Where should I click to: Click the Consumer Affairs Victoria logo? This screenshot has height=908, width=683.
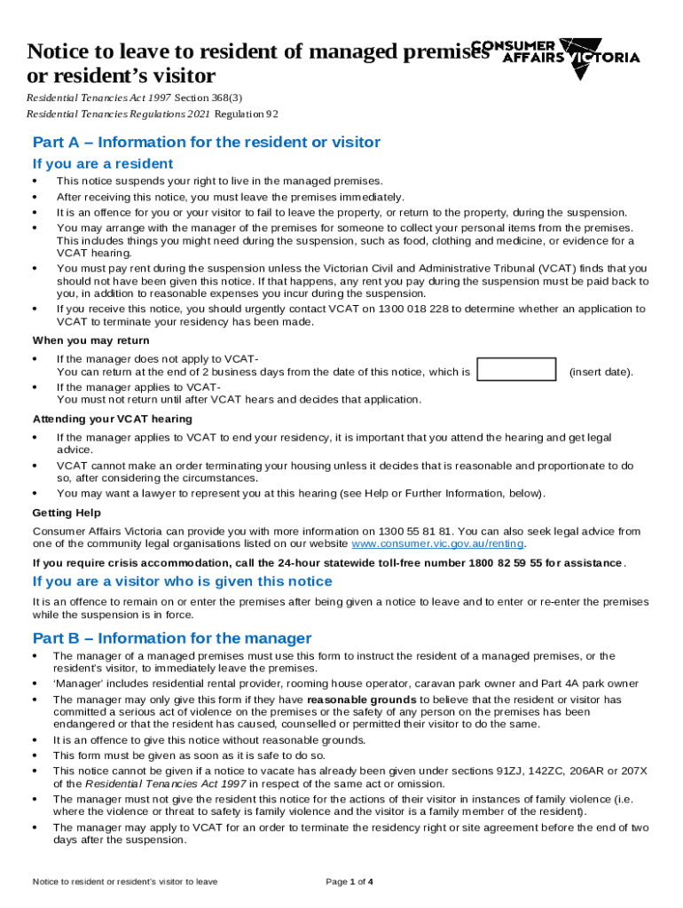555,56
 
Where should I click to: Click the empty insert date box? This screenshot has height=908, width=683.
516,370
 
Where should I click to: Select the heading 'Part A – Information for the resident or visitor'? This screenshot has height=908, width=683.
206,143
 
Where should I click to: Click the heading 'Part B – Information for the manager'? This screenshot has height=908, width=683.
172,638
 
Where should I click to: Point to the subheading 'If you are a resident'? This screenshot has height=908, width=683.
103,164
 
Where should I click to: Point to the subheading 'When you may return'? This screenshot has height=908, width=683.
90,340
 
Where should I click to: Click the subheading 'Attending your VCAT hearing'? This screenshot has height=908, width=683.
112,419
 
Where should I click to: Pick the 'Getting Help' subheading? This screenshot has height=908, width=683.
67,513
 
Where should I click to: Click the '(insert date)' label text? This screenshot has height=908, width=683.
601,372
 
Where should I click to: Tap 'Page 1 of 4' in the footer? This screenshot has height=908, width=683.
349,881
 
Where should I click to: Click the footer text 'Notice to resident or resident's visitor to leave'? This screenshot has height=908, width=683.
125,881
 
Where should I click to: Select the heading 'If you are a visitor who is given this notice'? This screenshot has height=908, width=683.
182,582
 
